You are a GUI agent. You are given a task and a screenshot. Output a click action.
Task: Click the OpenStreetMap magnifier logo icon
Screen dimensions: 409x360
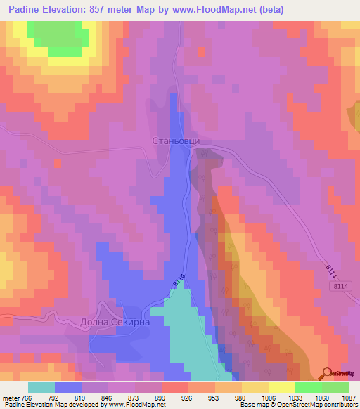coord(326,373)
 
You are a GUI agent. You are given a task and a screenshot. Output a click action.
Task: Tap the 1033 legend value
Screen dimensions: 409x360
coord(283,398)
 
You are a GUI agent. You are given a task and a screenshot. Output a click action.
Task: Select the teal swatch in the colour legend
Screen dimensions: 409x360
coord(41,387)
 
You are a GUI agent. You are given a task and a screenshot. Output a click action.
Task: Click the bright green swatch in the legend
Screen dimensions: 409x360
coord(309,387)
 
